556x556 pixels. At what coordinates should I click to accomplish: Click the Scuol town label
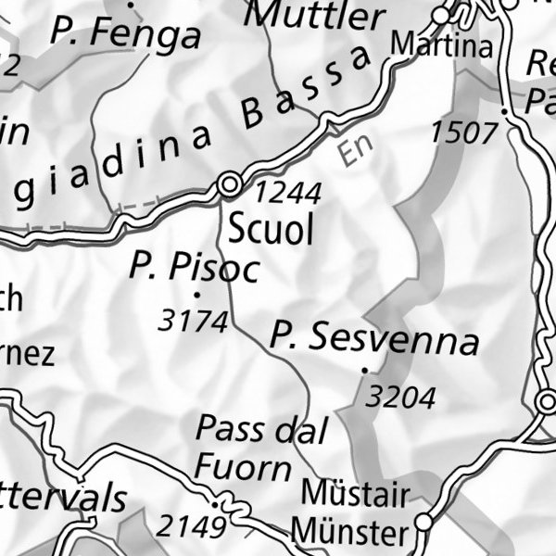(271, 230)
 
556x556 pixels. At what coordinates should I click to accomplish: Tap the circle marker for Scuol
(229, 185)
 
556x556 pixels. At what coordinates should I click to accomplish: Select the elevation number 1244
(288, 193)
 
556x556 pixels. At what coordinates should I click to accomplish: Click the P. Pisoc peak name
(194, 268)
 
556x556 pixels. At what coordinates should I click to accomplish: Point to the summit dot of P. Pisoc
(196, 296)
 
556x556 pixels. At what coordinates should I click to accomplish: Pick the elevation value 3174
(193, 322)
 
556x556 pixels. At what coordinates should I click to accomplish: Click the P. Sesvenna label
(374, 339)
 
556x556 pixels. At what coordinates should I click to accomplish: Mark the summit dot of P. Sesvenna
(365, 371)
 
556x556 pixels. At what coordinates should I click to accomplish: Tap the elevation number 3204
(400, 398)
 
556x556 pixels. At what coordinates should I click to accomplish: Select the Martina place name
(440, 45)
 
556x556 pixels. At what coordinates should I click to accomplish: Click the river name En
(350, 151)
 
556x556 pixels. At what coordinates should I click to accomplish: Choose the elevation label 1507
(463, 133)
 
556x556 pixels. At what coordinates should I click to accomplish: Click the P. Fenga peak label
(125, 35)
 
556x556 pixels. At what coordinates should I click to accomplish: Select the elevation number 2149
(191, 527)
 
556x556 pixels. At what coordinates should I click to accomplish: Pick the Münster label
(349, 533)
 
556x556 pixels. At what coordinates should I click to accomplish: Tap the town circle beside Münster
(423, 523)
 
